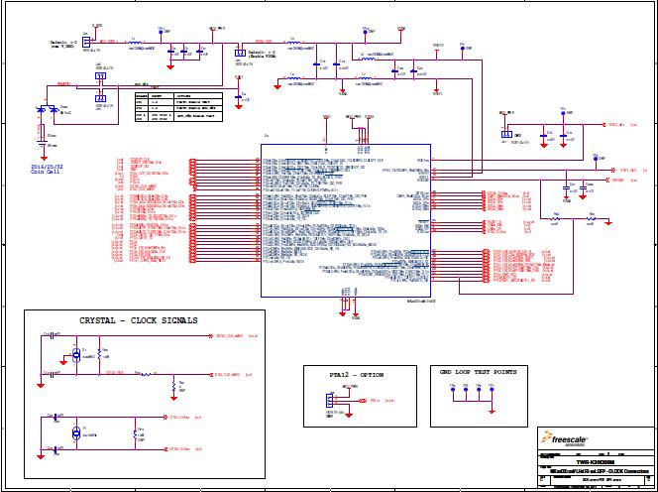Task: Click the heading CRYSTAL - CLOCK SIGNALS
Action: point(138,320)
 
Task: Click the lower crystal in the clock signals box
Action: point(76,434)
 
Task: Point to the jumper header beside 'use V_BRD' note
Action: point(86,42)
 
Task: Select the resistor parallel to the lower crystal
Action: point(136,434)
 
